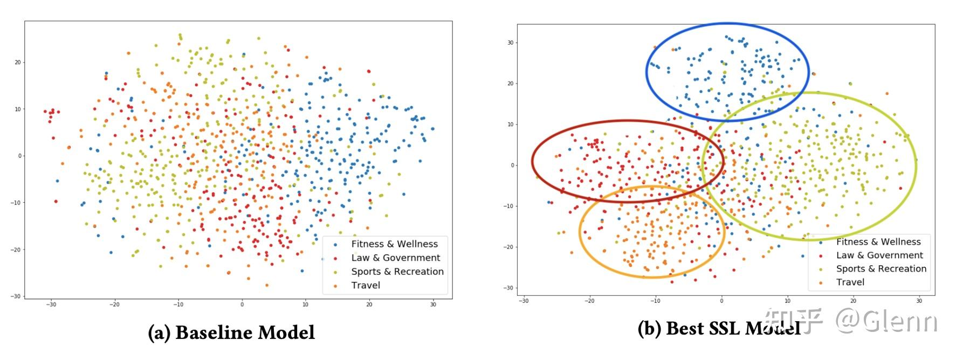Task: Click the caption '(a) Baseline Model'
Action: coord(231,333)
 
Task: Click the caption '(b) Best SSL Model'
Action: coord(719,328)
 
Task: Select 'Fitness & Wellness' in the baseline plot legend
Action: coord(394,244)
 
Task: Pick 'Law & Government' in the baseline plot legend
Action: coord(396,258)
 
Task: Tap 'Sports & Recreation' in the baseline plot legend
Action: coord(397,272)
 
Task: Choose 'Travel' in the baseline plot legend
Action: coord(366,286)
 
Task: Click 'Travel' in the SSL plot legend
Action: coord(850,282)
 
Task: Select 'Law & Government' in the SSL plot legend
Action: coord(879,255)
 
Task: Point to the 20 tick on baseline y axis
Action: coord(18,63)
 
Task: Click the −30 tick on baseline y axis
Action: coord(16,296)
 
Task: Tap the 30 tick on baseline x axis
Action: coord(433,304)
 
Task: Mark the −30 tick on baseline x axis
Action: coord(51,304)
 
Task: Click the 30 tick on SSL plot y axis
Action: coord(510,43)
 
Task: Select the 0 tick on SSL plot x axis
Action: coord(721,301)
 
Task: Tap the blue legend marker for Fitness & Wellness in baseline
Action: coord(335,245)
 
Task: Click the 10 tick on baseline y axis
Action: coord(18,109)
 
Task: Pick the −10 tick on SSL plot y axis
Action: coord(508,206)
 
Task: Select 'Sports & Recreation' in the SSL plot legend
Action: coord(881,269)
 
